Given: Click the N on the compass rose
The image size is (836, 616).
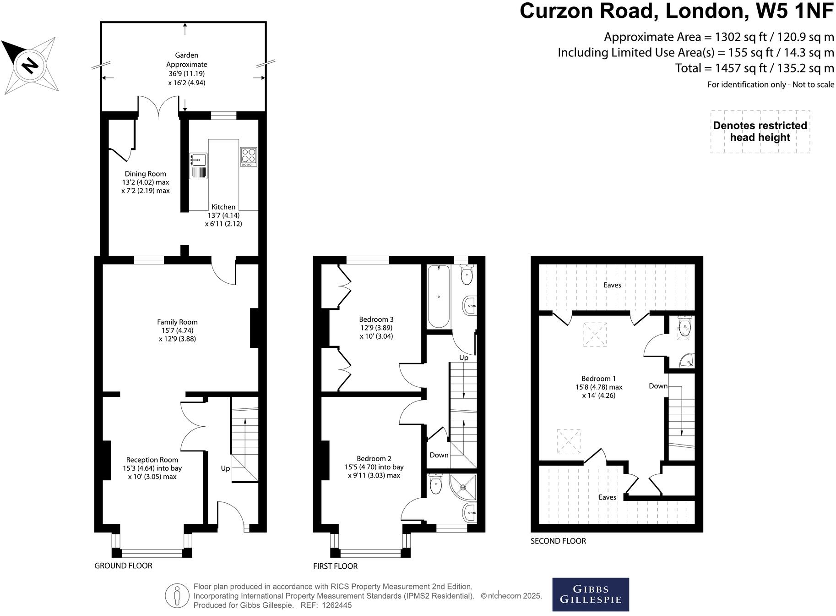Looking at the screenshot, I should [30, 65].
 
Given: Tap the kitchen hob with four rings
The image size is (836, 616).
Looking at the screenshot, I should [249, 156].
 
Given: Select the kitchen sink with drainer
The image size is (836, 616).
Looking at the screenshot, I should [199, 165].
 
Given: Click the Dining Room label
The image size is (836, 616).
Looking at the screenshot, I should [145, 174].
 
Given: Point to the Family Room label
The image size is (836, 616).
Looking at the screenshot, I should [177, 322].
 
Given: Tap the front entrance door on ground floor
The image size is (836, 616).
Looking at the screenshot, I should [231, 515].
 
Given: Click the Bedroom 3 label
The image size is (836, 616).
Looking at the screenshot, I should [376, 319].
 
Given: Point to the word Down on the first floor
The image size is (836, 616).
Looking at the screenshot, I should [439, 455].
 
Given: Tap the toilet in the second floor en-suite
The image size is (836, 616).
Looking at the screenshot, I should [684, 326].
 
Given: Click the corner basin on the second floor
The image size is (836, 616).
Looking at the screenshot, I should [688, 361].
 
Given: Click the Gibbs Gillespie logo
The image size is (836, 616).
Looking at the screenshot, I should [590, 594].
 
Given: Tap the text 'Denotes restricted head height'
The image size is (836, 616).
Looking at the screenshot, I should [760, 132].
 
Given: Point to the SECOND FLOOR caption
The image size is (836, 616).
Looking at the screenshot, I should [558, 541].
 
